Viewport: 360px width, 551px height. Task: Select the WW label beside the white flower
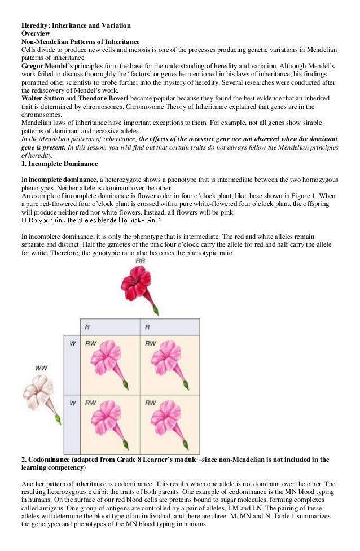click(41, 368)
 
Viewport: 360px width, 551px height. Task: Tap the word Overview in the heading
click(36, 33)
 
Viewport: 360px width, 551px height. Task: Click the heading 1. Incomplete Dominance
click(59, 164)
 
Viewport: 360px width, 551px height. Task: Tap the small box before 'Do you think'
click(23, 221)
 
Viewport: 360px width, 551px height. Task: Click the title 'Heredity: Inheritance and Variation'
click(76, 25)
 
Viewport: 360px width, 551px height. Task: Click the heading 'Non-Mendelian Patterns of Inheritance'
click(80, 41)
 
